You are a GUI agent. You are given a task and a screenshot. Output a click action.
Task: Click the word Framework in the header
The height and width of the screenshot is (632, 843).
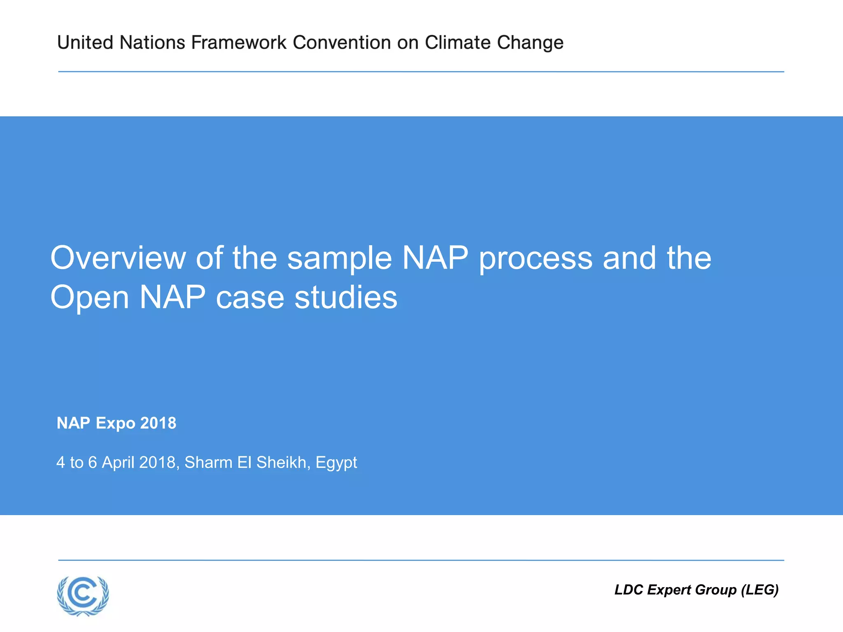[239, 42]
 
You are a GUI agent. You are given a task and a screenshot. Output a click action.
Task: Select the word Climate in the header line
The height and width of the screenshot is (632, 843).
[457, 42]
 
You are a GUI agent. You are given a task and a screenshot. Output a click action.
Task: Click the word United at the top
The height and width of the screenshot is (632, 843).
[85, 42]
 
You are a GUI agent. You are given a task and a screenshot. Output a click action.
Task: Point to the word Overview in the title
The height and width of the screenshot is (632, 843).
[118, 258]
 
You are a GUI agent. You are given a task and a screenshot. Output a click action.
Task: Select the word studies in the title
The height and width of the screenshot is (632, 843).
[346, 297]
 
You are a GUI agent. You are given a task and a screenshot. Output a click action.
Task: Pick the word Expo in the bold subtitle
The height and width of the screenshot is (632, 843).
[115, 423]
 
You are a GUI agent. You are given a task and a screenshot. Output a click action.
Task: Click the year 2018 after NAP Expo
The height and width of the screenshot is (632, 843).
[158, 423]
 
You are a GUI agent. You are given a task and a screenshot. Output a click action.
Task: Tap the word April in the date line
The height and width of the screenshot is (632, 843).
[118, 463]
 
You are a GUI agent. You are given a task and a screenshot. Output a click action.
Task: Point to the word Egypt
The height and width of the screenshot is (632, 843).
[336, 463]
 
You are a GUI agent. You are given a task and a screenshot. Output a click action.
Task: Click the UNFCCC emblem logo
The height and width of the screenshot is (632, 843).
[83, 595]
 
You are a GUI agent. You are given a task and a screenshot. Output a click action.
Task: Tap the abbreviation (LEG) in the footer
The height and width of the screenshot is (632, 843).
[759, 590]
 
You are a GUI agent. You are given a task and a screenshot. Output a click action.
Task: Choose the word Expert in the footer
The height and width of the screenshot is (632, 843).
[669, 590]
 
